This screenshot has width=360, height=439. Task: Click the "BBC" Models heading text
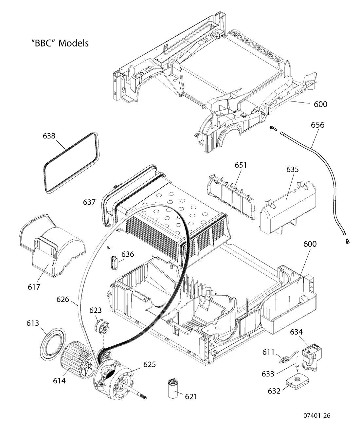click(60, 43)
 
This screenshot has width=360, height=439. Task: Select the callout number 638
click(49, 136)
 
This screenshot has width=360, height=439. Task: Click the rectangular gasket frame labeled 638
click(71, 164)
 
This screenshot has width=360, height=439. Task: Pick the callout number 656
click(317, 125)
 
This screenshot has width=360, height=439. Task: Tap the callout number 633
click(268, 374)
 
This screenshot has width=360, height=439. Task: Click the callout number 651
click(241, 165)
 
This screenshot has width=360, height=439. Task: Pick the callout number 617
click(34, 287)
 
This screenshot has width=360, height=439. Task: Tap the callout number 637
click(89, 202)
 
